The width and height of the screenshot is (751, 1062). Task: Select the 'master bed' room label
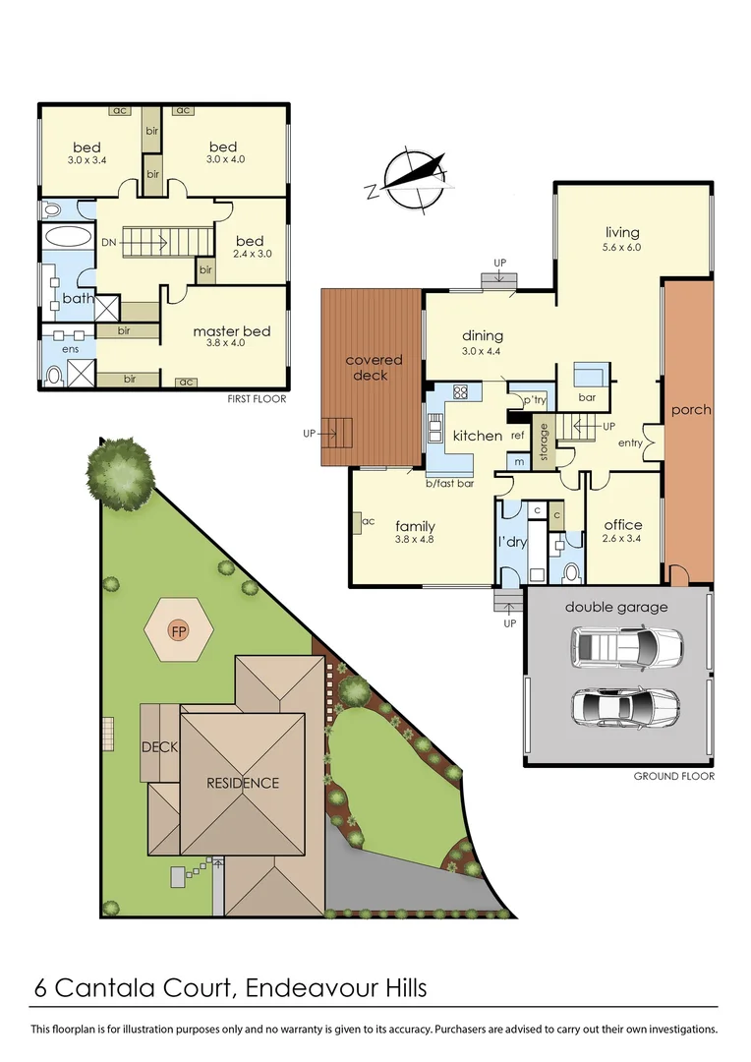pos(231,331)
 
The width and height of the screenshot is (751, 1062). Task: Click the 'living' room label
pos(621,233)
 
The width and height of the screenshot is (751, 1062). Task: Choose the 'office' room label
pos(622,525)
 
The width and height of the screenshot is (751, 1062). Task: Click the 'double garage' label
pos(616,607)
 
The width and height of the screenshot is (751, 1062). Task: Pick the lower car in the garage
pos(625,706)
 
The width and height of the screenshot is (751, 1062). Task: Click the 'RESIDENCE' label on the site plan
pos(242,784)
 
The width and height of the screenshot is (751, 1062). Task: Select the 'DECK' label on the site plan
pos(159,747)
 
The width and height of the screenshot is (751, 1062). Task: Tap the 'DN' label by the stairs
pos(108,241)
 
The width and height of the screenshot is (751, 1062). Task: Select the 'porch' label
pos(690,409)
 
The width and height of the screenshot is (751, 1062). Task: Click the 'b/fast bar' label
pos(450,484)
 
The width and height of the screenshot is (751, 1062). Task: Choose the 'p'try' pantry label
pos(534,400)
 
